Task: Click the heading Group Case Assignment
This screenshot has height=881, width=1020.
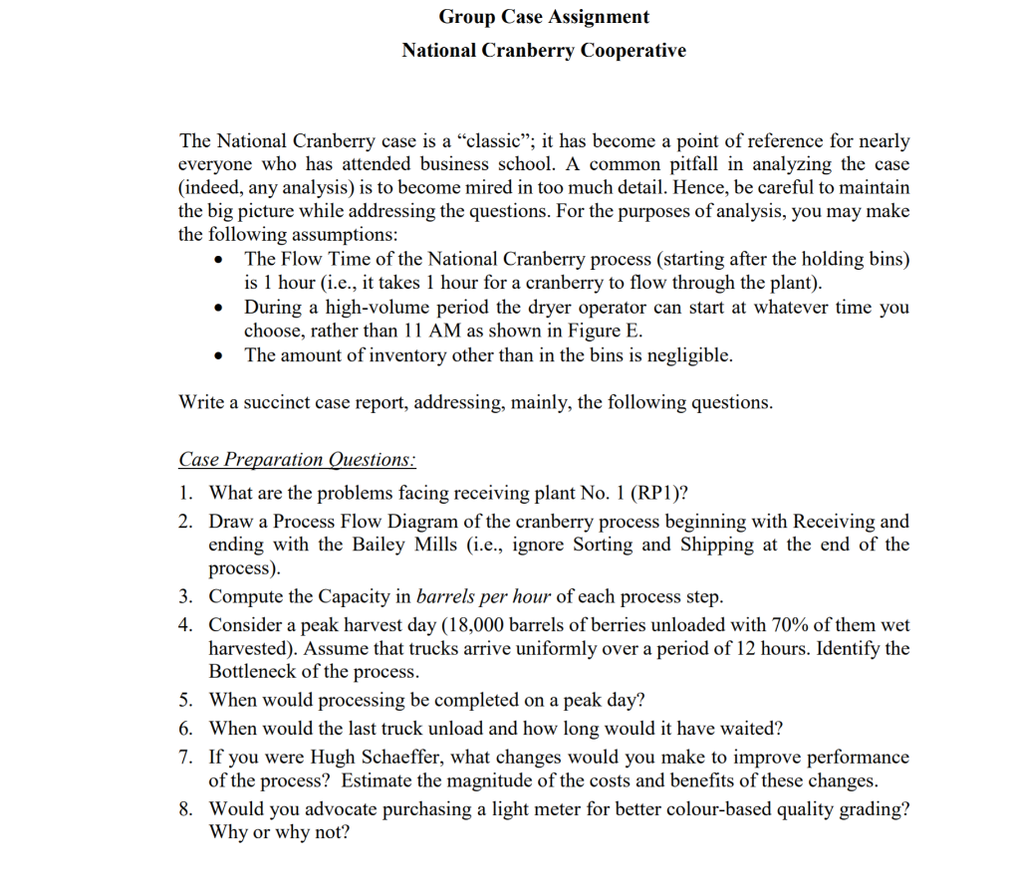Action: click(x=544, y=17)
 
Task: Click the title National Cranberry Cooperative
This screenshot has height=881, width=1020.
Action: click(x=544, y=50)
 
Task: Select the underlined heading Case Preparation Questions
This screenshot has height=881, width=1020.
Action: click(x=297, y=460)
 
